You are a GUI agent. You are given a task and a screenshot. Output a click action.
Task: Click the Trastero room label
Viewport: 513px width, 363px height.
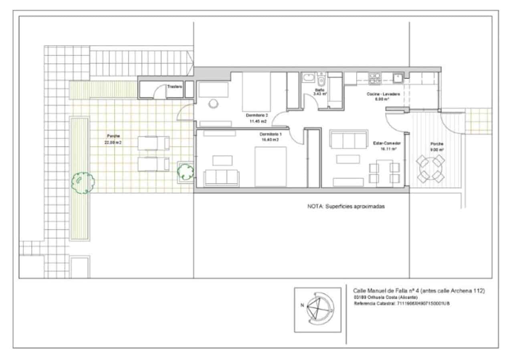click(175, 86)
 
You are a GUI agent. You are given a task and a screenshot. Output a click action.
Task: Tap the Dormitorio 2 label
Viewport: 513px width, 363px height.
click(257, 115)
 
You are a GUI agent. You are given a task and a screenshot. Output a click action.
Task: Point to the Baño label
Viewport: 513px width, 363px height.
click(319, 90)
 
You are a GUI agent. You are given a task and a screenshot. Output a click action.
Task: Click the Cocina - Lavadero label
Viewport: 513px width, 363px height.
click(383, 94)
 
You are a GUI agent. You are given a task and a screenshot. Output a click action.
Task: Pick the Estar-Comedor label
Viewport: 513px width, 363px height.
click(388, 143)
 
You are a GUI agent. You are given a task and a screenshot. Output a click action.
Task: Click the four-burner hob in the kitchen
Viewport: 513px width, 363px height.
click(375, 78)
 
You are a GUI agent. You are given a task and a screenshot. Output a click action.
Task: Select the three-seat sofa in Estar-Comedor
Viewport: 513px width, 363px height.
click(348, 139)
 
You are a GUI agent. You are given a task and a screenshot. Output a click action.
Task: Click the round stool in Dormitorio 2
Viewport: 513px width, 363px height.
click(214, 103)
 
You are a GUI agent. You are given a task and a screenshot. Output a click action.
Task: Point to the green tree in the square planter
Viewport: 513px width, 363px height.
click(186, 171)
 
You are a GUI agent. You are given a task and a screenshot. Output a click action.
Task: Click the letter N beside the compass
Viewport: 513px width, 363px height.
click(302, 305)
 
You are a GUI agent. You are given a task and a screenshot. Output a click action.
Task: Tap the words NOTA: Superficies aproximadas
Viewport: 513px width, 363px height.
click(346, 206)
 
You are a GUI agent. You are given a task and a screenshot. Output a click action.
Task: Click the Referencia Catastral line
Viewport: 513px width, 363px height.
click(401, 304)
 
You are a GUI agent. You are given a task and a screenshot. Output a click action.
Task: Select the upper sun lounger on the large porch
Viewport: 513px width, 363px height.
click(153, 143)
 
